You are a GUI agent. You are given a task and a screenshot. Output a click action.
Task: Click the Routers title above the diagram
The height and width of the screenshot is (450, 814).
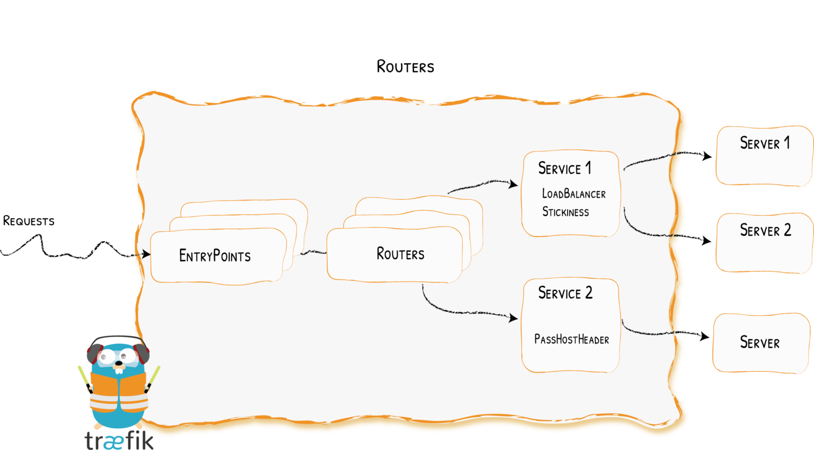[405, 67]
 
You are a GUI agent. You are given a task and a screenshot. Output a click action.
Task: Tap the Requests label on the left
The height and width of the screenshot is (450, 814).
[29, 221]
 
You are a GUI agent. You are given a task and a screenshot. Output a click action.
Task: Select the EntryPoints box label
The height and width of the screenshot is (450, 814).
[215, 256]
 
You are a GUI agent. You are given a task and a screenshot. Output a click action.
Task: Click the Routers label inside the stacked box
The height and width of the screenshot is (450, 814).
[400, 254]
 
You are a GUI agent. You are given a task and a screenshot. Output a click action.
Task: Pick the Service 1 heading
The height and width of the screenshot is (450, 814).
[564, 169]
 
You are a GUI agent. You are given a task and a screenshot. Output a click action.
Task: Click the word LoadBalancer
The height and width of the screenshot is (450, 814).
[573, 194]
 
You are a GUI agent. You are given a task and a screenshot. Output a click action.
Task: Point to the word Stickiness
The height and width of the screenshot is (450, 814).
[565, 212]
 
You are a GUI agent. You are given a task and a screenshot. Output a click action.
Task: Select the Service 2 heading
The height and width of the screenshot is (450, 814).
[565, 293]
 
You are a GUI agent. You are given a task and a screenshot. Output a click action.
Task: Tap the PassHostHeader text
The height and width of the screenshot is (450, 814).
[571, 339]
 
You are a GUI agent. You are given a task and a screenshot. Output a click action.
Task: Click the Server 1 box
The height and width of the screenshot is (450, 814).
[764, 155]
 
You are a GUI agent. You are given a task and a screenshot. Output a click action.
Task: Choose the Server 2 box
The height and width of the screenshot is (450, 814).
[764, 243]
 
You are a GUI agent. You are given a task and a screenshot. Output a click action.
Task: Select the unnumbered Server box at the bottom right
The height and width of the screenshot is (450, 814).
[761, 342]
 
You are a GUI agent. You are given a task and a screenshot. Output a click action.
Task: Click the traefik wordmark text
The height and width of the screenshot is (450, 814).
[119, 440]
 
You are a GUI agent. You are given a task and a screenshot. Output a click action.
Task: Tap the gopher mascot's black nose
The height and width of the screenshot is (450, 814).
[119, 364]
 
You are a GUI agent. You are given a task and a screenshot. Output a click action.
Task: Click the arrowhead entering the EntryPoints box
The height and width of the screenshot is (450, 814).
[146, 254]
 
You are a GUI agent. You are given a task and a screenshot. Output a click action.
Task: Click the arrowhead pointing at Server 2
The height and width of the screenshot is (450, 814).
[706, 241]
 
